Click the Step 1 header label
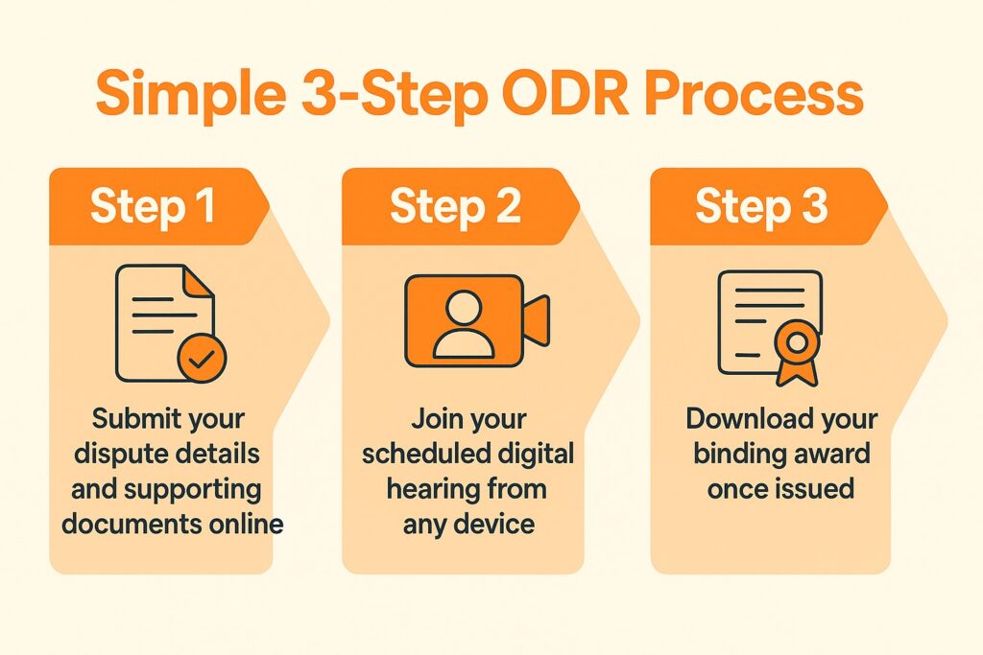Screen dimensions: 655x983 pos(153,207)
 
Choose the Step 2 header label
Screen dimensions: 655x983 pos(455,207)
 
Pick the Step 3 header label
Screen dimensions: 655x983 pos(761,207)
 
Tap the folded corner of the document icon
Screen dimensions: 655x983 pos(199,281)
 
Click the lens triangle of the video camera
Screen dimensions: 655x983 pos(536,320)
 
